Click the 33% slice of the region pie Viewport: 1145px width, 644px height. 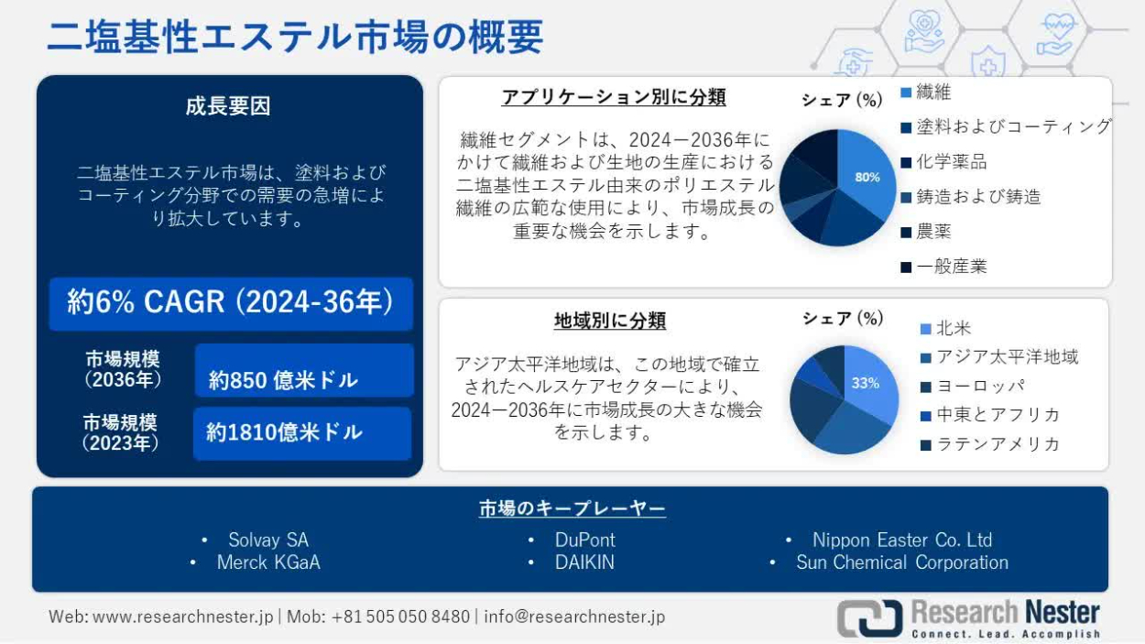(869, 382)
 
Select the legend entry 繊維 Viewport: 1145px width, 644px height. (926, 93)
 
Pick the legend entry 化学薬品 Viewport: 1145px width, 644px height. (943, 162)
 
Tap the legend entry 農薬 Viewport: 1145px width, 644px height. (926, 232)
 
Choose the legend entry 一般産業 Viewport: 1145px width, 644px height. (943, 267)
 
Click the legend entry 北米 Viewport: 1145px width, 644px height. (945, 329)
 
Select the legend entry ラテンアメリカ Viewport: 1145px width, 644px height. (989, 444)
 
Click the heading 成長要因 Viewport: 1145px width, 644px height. (228, 106)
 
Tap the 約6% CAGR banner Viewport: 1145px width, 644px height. (231, 303)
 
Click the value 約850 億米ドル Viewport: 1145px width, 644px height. (283, 380)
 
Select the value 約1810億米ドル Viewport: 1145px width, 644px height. (284, 432)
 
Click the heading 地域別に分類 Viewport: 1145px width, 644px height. (610, 321)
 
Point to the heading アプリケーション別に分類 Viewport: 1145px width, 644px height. (614, 97)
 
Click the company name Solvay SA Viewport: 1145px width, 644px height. (268, 540)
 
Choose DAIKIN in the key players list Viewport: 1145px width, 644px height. (584, 562)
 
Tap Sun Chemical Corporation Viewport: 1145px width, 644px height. (902, 562)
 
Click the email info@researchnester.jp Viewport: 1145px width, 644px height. (574, 617)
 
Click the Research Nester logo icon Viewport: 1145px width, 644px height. (869, 618)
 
